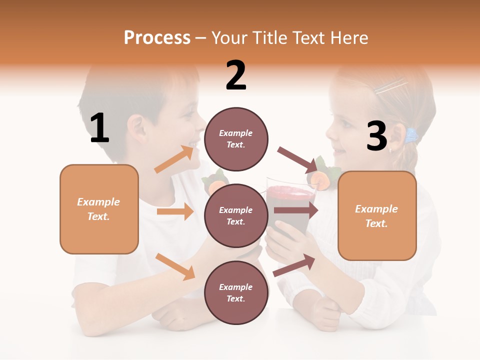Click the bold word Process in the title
point(157,37)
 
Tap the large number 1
point(99,128)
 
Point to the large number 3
point(377,136)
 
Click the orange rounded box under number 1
point(99,209)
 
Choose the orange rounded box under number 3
point(377,216)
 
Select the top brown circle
point(236,138)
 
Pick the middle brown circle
point(236,215)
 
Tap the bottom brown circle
point(236,292)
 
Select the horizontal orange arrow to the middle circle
point(175,211)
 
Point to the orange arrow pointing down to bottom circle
point(175,266)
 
